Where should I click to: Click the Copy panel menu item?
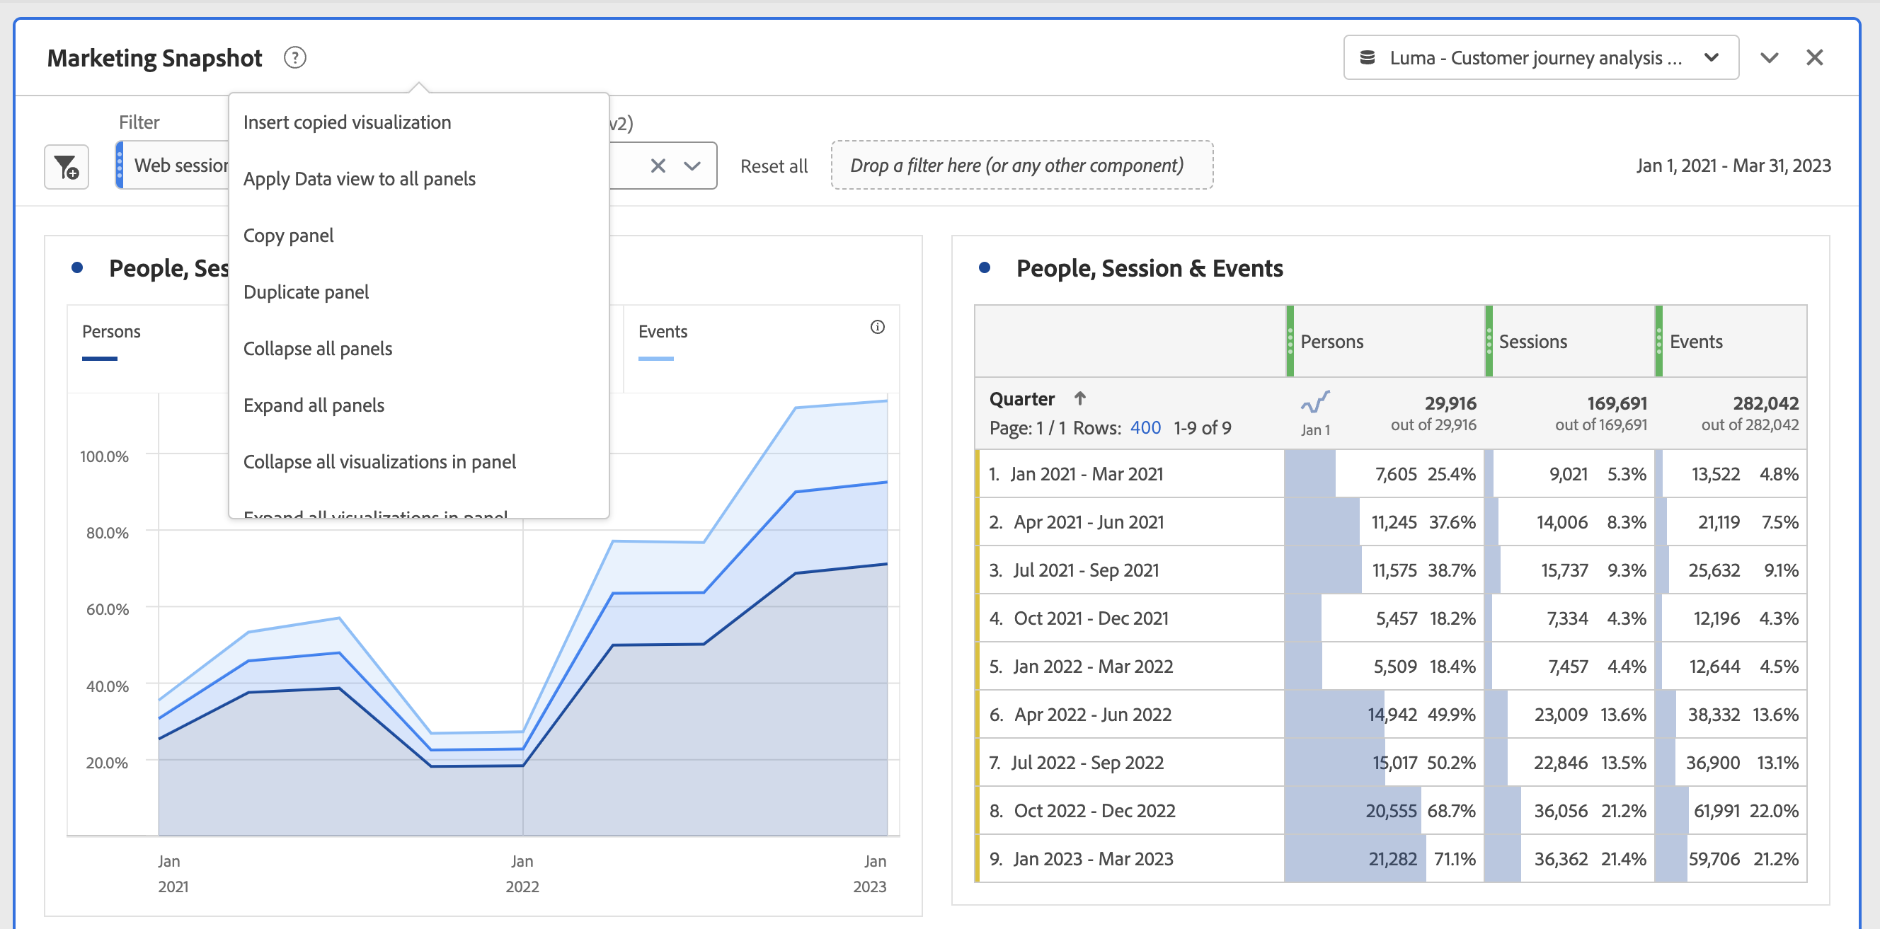pos(288,235)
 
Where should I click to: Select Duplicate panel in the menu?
pos(306,292)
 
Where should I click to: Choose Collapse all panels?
pos(318,348)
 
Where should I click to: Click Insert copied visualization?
pos(347,122)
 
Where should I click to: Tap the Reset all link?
pos(773,166)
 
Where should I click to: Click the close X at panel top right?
pos(1814,57)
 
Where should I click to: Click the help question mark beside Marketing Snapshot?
pos(295,57)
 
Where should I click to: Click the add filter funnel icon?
pos(67,167)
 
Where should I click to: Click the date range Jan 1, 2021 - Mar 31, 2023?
pos(1733,166)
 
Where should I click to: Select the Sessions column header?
pos(1532,342)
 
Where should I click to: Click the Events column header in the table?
pos(1695,342)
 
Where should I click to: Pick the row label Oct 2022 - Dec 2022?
pos(1094,810)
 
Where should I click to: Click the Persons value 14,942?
pos(1392,714)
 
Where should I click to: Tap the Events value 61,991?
pos(1716,810)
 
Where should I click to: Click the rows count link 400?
pos(1145,427)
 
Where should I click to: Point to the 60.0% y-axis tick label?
pos(108,608)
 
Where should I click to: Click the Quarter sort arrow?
pos(1079,398)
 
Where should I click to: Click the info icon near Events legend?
pos(877,327)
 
